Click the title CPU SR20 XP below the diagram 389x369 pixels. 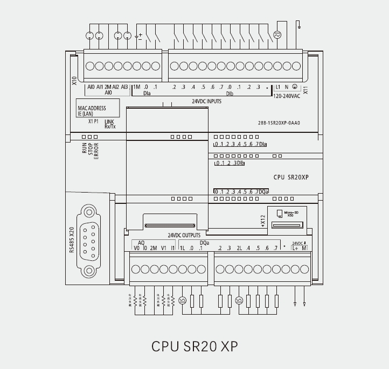(194, 346)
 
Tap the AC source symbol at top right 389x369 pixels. (278, 35)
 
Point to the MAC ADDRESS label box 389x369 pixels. (92, 111)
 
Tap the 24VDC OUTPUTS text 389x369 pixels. (184, 235)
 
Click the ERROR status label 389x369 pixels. (97, 150)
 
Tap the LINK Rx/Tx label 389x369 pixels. (110, 124)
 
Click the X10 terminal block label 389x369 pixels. (74, 81)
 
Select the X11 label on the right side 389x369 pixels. (305, 90)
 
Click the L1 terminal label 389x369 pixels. (278, 87)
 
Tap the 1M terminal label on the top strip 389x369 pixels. (136, 87)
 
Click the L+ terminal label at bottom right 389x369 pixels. (295, 248)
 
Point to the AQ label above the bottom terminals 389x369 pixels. (141, 243)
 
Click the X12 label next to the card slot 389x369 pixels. (262, 220)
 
